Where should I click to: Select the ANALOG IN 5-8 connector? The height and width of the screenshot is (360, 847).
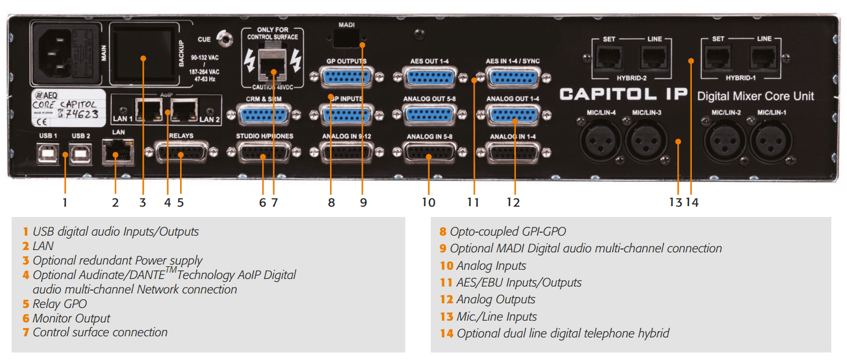point(429,155)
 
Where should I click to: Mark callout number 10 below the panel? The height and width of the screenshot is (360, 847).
point(428,202)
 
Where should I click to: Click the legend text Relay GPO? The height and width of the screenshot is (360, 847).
point(60,303)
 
